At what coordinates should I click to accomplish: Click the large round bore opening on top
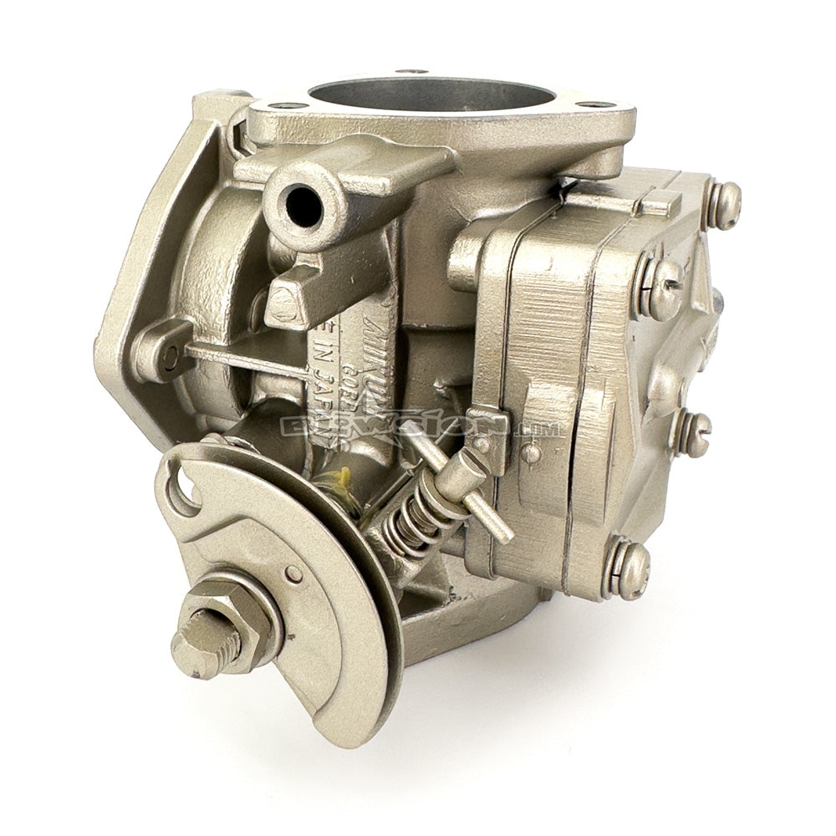pyautogui.click(x=431, y=100)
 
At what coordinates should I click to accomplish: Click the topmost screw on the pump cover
pyautogui.click(x=724, y=201)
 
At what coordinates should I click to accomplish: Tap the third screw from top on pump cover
pyautogui.click(x=693, y=432)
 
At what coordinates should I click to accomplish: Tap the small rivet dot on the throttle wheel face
pyautogui.click(x=293, y=574)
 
